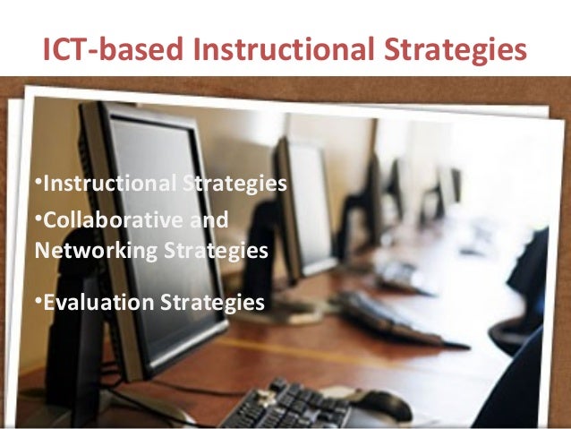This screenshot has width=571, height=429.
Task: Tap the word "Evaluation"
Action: (x=98, y=302)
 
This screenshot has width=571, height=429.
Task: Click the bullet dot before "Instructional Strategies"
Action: (x=38, y=183)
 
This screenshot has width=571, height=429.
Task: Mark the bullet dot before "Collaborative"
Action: (x=38, y=218)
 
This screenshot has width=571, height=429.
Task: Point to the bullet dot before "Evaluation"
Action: (x=38, y=300)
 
